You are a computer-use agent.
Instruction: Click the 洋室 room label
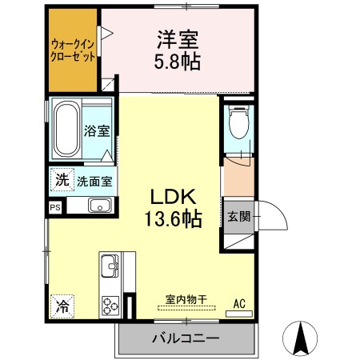[x=178, y=40]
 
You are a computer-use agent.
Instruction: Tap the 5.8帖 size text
[x=178, y=61]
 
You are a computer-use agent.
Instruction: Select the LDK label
[x=174, y=197]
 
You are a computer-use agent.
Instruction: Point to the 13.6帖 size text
[x=173, y=218]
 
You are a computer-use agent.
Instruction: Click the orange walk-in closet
[x=73, y=50]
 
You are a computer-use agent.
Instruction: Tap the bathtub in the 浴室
[x=66, y=129]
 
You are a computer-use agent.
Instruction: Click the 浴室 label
[x=97, y=131]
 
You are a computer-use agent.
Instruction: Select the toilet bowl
[x=239, y=123]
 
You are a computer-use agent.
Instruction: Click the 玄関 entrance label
[x=238, y=216]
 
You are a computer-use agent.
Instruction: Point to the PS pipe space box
[x=55, y=207]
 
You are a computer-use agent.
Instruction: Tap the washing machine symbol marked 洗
[x=62, y=179]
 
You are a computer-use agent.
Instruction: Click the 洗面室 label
[x=94, y=182]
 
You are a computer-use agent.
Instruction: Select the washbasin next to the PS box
[x=100, y=206]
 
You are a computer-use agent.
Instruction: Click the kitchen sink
[x=109, y=266]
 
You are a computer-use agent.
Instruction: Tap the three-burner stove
[x=110, y=306]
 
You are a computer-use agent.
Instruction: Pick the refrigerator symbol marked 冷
[x=62, y=306]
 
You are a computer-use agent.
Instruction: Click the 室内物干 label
[x=186, y=299]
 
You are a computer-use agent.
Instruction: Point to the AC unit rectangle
[x=239, y=314]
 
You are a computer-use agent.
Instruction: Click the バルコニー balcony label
[x=186, y=338]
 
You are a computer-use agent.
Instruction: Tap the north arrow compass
[x=300, y=338]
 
